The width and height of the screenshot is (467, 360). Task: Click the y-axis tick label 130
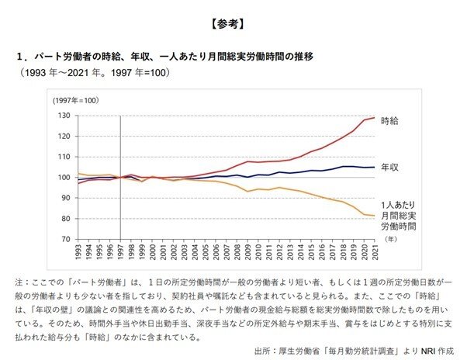coord(64,116)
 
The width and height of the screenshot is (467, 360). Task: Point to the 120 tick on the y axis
coord(64,137)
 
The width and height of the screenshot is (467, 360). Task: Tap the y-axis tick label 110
coord(64,157)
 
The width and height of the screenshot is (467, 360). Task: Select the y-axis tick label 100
coord(64,178)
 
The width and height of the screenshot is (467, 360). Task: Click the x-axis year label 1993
coord(77,252)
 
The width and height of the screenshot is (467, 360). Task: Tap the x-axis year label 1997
coord(120,252)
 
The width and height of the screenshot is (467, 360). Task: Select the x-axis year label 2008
coord(238,252)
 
